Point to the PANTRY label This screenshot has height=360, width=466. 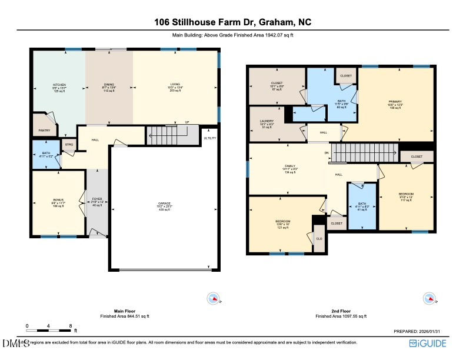pos(44,130)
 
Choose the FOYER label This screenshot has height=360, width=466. pos(98,199)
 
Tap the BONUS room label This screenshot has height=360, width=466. pos(58,199)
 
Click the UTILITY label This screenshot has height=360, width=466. pos(210,138)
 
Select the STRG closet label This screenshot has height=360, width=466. pos(69,144)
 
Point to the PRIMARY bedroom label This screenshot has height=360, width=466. pos(394,101)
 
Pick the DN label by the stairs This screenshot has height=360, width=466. pos(327,153)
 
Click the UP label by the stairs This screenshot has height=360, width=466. pos(188,123)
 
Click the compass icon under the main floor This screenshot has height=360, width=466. pos(212,299)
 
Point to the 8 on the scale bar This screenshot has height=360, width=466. pos(71,325)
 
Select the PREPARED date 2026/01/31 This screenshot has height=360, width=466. pos(420,332)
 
